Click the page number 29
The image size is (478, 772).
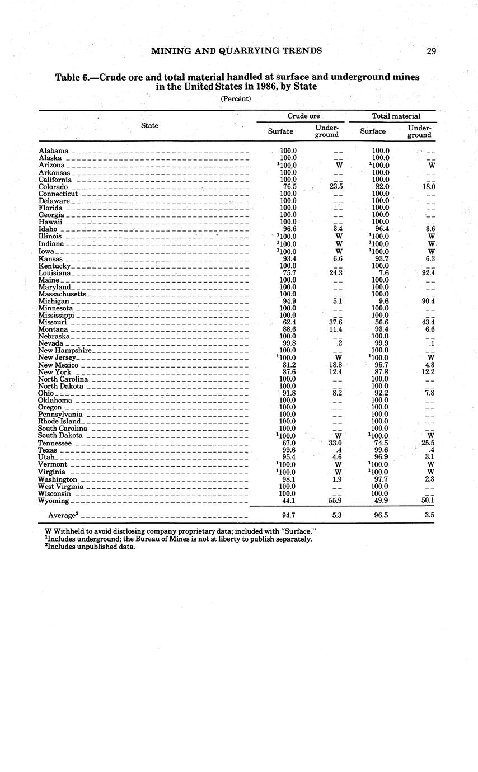[x=431, y=51]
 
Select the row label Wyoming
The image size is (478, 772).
[x=53, y=501]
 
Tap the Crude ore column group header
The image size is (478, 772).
[x=303, y=116]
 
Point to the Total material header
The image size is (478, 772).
[x=396, y=116]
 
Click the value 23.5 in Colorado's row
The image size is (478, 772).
[x=336, y=187]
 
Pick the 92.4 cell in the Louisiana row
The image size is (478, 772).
[x=428, y=273]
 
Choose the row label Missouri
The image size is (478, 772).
[x=53, y=323]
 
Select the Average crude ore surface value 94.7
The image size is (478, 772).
[x=287, y=515]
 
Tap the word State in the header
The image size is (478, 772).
[x=149, y=125]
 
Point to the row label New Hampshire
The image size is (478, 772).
[x=64, y=351]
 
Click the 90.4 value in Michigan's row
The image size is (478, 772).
[x=428, y=302]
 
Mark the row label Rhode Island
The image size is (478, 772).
[x=59, y=421]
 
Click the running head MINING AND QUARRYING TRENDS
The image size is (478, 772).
[x=237, y=51]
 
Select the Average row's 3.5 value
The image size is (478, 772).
[x=429, y=515]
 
